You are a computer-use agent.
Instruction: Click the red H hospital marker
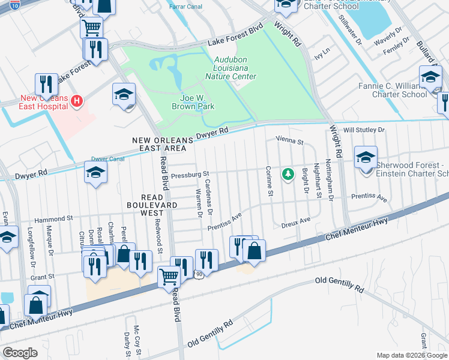[76, 101]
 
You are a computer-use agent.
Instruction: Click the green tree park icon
[289, 174]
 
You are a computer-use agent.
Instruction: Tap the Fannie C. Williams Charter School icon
[430, 78]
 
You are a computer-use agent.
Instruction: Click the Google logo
[20, 352]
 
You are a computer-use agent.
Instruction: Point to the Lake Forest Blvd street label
[235, 41]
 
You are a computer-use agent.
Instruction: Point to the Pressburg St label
[188, 176]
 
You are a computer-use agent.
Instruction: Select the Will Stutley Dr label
[363, 129]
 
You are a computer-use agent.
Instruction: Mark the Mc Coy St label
[137, 339]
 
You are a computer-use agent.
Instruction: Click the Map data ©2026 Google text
[412, 355]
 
